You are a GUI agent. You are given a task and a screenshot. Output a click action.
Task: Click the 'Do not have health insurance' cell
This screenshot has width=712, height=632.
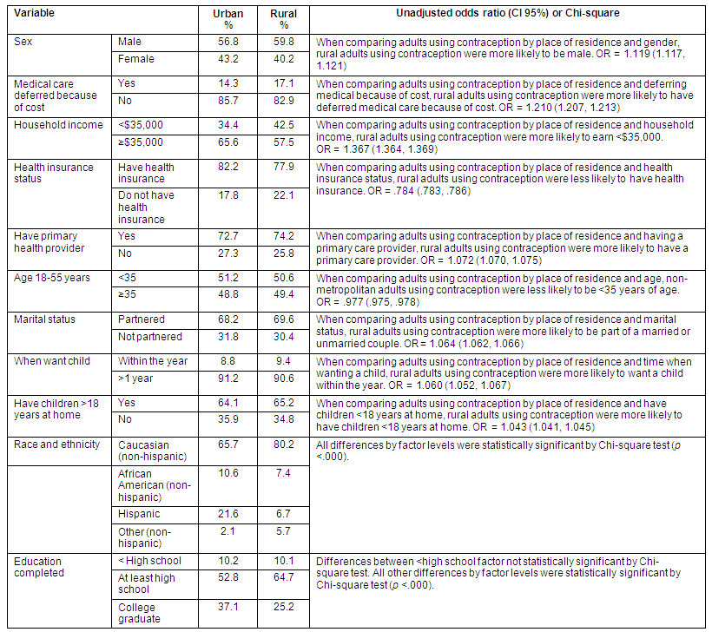coord(146,207)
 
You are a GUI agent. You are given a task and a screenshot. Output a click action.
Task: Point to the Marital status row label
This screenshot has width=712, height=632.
coord(44,319)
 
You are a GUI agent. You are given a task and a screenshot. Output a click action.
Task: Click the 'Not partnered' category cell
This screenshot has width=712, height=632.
coord(149,337)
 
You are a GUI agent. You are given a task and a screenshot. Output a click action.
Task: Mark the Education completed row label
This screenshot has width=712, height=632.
coord(39,567)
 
